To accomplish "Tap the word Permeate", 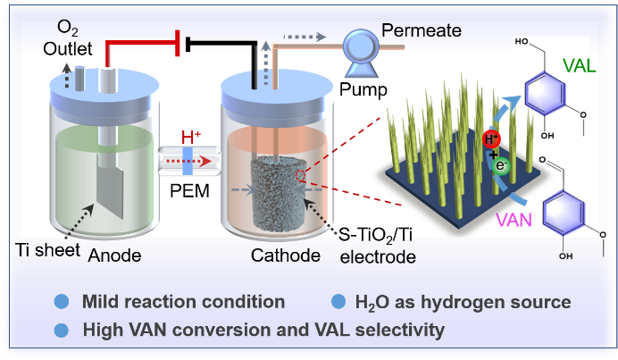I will (x=422, y=31).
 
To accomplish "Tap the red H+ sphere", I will (x=490, y=139).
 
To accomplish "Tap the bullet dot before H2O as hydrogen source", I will (x=338, y=302).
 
